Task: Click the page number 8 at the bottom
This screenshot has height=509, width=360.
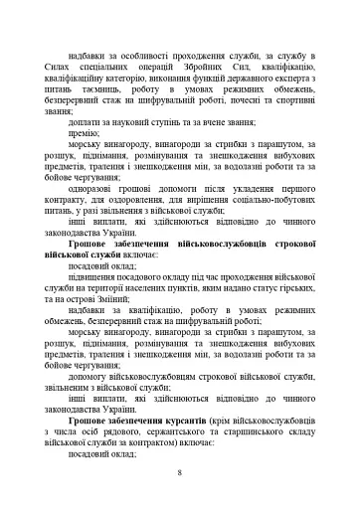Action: pos(180,472)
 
